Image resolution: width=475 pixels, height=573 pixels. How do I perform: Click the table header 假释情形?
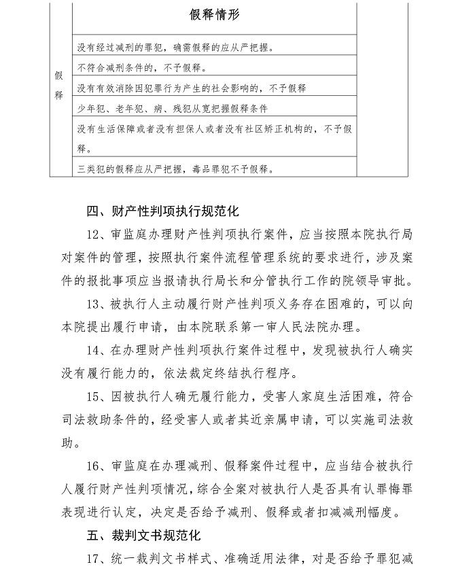214,15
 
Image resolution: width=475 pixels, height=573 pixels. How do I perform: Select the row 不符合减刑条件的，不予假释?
142,68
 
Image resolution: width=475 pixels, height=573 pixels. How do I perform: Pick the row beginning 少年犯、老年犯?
173,108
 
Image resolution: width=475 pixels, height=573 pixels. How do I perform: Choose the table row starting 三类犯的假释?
176,169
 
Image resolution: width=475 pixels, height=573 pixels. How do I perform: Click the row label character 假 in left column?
59,76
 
